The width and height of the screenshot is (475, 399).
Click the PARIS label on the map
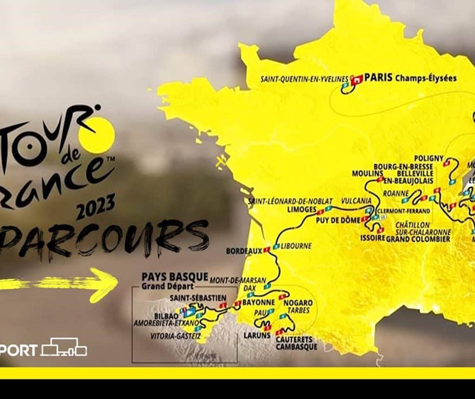[x=378, y=78]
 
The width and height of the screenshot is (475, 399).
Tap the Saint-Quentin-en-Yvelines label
[x=304, y=79]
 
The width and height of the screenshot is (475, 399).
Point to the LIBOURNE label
[x=296, y=246]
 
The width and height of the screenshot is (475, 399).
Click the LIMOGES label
[x=302, y=209]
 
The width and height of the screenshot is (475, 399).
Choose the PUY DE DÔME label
[x=338, y=220]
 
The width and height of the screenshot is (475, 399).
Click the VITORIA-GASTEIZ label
[x=175, y=336]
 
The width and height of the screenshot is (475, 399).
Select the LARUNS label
[x=257, y=335]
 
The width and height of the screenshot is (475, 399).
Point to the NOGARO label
[x=298, y=303]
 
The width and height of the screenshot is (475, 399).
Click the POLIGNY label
[x=429, y=158]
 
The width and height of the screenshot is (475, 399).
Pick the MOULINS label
[x=368, y=174]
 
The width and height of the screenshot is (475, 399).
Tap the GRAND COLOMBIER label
[x=418, y=239]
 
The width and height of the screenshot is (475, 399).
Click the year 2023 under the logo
[x=96, y=206]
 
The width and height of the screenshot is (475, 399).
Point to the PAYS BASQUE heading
[x=175, y=277]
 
